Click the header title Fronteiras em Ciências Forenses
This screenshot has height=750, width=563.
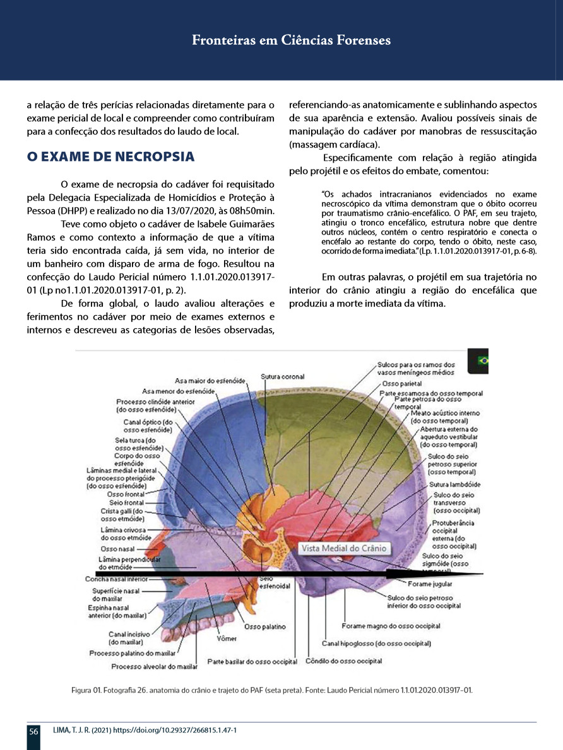point(291,41)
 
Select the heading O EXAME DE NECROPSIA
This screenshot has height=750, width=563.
point(110,156)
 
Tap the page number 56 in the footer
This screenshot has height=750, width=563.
point(33,731)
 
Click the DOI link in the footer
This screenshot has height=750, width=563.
point(163,730)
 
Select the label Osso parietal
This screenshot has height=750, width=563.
point(403,384)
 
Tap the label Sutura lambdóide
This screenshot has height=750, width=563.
point(455,485)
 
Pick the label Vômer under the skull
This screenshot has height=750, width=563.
point(227,638)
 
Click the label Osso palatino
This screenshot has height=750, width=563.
point(265,626)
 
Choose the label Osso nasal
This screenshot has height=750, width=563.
point(112,549)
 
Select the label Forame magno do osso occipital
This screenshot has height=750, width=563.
point(391,626)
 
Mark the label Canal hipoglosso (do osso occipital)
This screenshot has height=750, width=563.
point(377,643)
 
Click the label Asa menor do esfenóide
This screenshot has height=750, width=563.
point(179,391)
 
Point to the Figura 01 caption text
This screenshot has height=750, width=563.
point(272,690)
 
